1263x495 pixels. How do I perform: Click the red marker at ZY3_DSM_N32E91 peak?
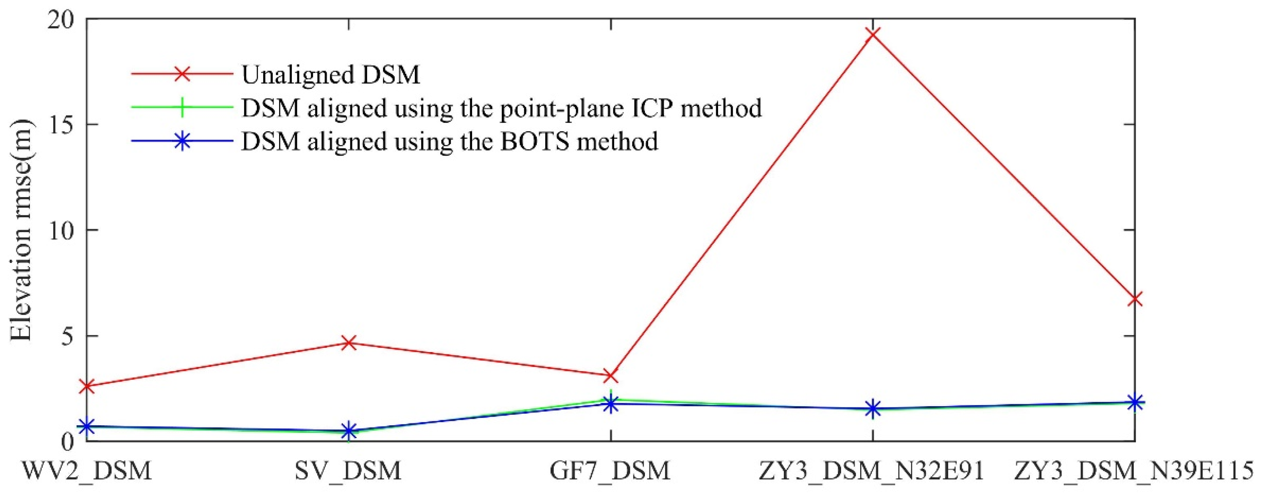click(x=873, y=34)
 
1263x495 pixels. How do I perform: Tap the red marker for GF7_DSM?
click(x=610, y=376)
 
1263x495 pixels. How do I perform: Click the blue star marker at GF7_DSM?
click(x=610, y=404)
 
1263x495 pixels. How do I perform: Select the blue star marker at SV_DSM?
click(x=349, y=431)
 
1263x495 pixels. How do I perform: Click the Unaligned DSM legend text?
click(x=331, y=74)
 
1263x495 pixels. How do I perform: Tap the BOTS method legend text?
click(x=449, y=141)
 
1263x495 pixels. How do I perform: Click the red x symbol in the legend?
click(x=182, y=74)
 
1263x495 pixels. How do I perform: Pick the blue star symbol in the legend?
click(x=182, y=141)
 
